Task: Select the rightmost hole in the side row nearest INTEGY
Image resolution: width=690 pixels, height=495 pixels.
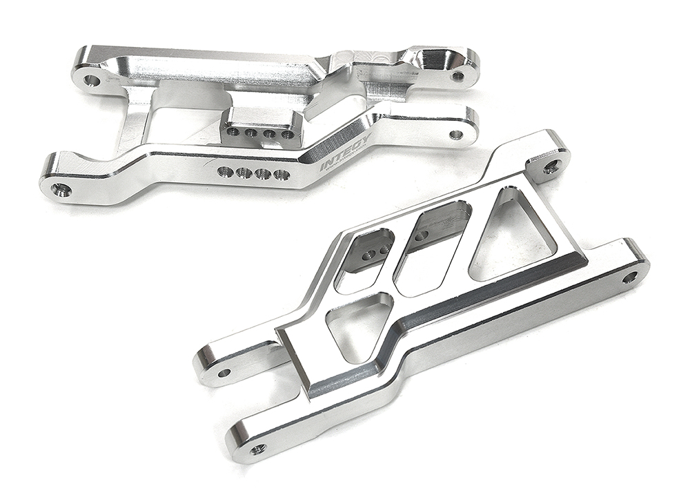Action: click(x=281, y=174)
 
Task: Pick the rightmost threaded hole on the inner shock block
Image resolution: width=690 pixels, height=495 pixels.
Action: click(x=287, y=135)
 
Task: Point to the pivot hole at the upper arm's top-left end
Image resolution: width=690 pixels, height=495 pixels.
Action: click(x=92, y=81)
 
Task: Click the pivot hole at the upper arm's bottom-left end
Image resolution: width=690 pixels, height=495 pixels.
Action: click(x=61, y=188)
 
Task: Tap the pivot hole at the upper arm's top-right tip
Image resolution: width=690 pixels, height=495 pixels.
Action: click(x=457, y=76)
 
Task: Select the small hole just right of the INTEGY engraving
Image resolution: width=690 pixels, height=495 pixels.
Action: click(x=455, y=134)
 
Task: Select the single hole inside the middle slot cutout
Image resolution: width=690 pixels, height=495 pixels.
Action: click(x=421, y=235)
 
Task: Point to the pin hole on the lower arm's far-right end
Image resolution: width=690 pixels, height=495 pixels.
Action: click(x=629, y=278)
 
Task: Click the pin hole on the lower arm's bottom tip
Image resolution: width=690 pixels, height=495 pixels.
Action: click(x=259, y=449)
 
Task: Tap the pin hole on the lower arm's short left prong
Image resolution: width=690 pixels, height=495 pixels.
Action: click(x=223, y=373)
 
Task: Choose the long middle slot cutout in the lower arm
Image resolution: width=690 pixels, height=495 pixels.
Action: click(x=431, y=249)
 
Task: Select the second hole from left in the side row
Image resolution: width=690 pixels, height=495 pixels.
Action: click(x=244, y=173)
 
